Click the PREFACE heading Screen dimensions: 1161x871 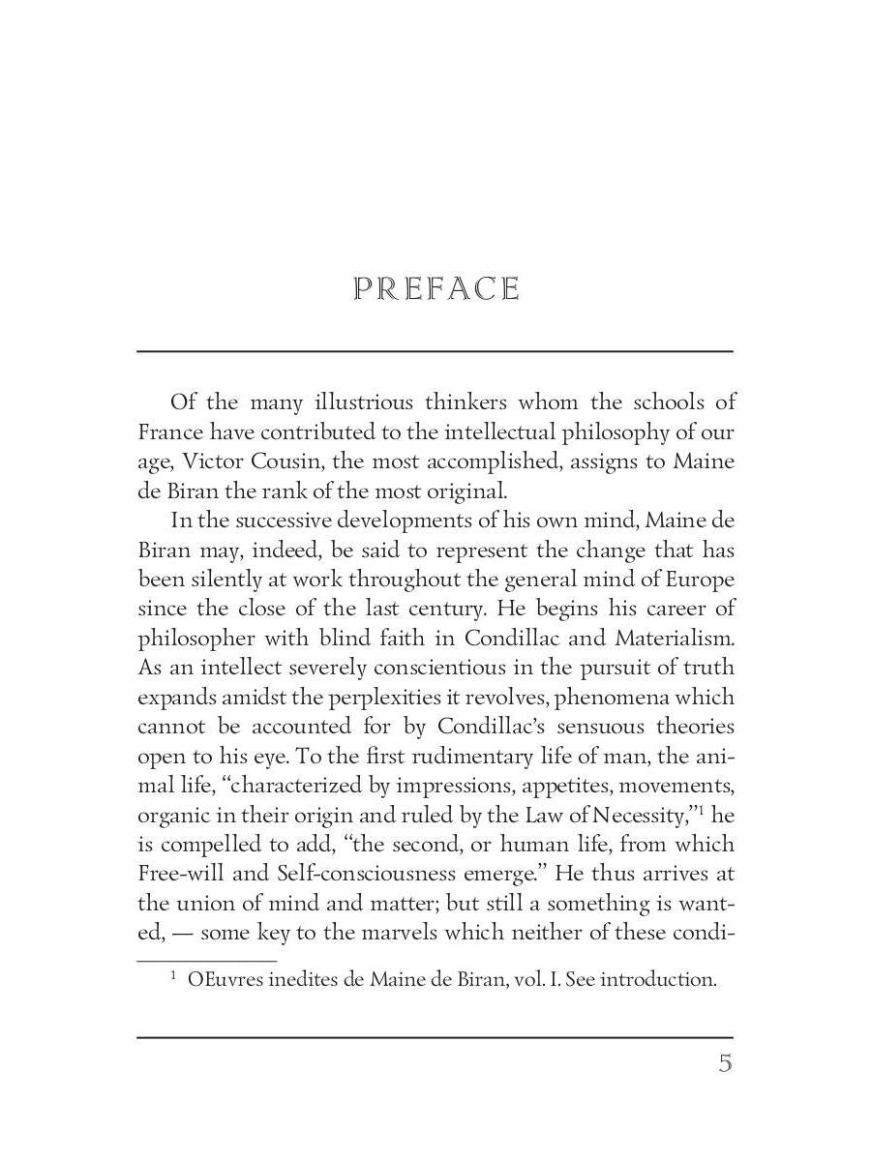[436, 289]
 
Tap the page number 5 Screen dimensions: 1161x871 [725, 1064]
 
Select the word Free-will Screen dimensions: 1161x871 [183, 875]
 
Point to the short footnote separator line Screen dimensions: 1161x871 [207, 961]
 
